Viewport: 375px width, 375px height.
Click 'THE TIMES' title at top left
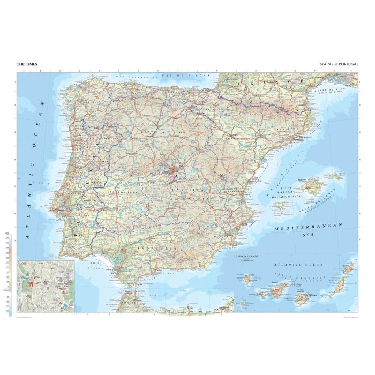click(x=27, y=64)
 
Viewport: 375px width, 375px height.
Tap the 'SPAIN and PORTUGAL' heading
click(x=339, y=64)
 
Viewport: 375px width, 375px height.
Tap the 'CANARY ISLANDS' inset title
click(x=247, y=256)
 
